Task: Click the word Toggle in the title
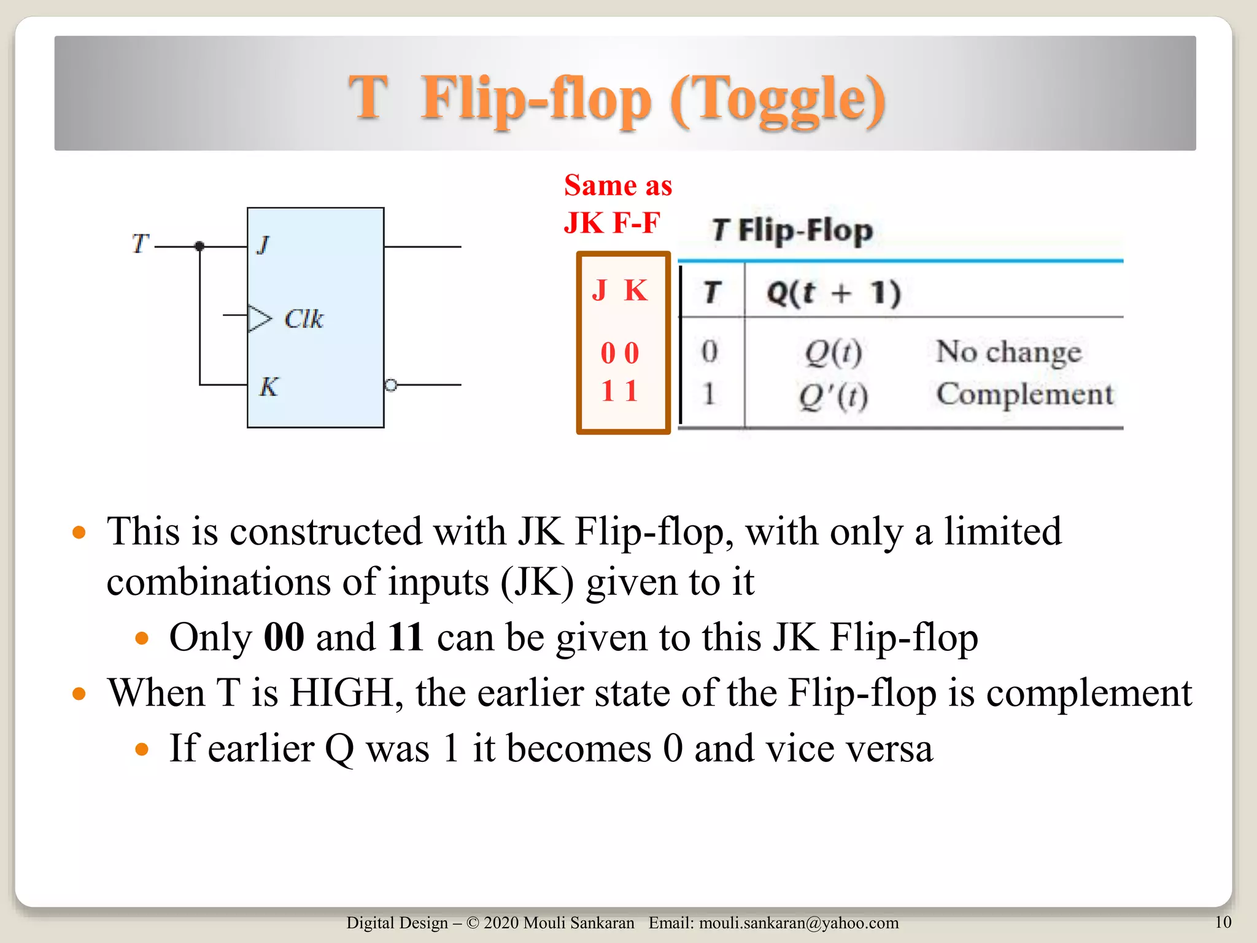coord(777,99)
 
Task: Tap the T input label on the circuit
coord(141,243)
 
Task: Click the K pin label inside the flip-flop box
coord(268,386)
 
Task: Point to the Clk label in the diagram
coord(303,319)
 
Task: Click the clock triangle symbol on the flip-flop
coord(259,318)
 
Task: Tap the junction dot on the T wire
coord(199,246)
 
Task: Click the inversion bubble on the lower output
coord(390,385)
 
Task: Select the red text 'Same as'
coord(617,185)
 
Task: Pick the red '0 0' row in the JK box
coord(620,353)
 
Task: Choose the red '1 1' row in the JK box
coord(620,391)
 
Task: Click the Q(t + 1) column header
coord(833,293)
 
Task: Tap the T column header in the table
coord(712,292)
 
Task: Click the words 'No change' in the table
coord(1008,352)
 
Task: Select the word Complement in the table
coord(1024,394)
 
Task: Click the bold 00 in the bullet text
coord(284,637)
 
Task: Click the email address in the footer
coord(799,923)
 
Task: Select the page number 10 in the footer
coord(1223,922)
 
